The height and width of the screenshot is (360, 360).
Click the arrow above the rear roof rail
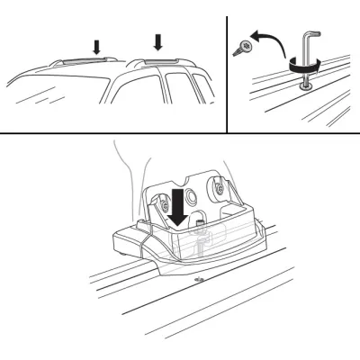158,41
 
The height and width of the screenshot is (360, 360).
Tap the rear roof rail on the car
162,62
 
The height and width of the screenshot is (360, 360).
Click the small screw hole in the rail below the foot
199,280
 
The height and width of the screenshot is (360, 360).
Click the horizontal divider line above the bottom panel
180,133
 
